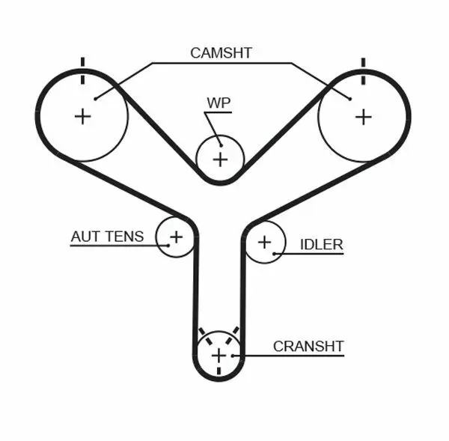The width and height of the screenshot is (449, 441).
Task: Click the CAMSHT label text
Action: coord(221,52)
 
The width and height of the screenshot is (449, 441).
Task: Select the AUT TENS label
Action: coord(107,237)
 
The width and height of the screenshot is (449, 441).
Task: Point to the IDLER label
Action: coord(321,244)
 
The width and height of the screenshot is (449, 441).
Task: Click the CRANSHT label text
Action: coord(308,346)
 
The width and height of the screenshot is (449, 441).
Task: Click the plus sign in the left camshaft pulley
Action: coord(82,116)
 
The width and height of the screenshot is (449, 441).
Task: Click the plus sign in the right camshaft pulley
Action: coord(363,116)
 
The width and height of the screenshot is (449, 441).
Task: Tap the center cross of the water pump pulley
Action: coord(220,159)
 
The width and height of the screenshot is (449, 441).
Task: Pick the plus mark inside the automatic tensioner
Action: coord(176,237)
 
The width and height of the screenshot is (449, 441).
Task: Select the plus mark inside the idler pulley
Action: coord(264,242)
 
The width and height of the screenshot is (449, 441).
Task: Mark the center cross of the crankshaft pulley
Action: coord(218,355)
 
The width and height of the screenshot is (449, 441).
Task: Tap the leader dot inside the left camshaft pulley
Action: coord(95,97)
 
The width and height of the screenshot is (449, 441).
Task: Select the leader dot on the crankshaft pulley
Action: coord(233,355)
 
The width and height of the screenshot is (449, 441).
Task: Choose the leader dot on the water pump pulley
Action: coord(219,144)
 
